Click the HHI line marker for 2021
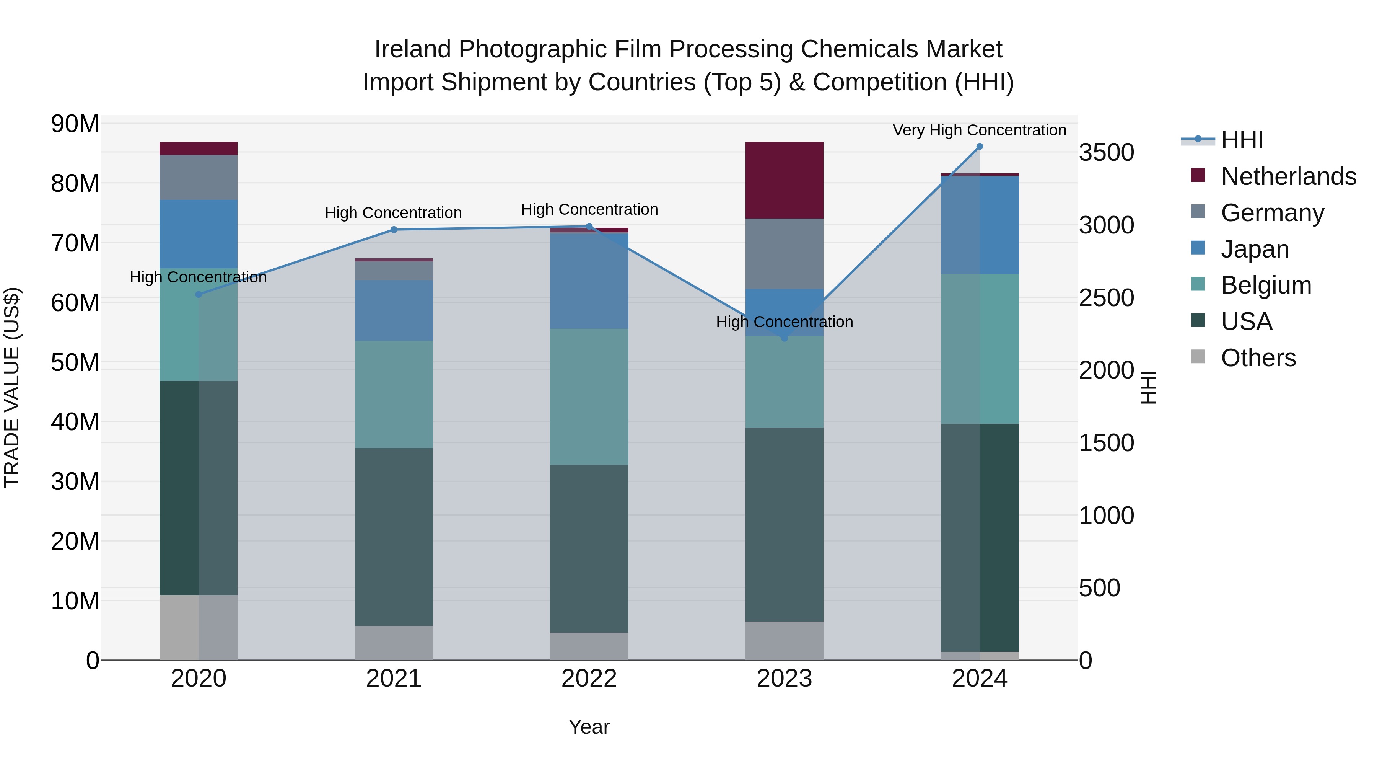pos(394,230)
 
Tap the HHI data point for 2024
pos(980,147)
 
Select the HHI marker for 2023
pos(785,338)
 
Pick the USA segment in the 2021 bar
pos(394,537)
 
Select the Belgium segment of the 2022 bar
pos(589,396)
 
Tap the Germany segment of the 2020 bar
pos(198,177)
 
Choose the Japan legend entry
pos(1255,249)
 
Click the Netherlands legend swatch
pos(1198,175)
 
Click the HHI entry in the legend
pos(1242,140)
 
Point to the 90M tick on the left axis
pos(75,124)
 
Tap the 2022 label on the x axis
pos(589,679)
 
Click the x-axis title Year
pos(589,727)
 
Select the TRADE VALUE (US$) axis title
pos(12,387)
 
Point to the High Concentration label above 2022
pos(589,209)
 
